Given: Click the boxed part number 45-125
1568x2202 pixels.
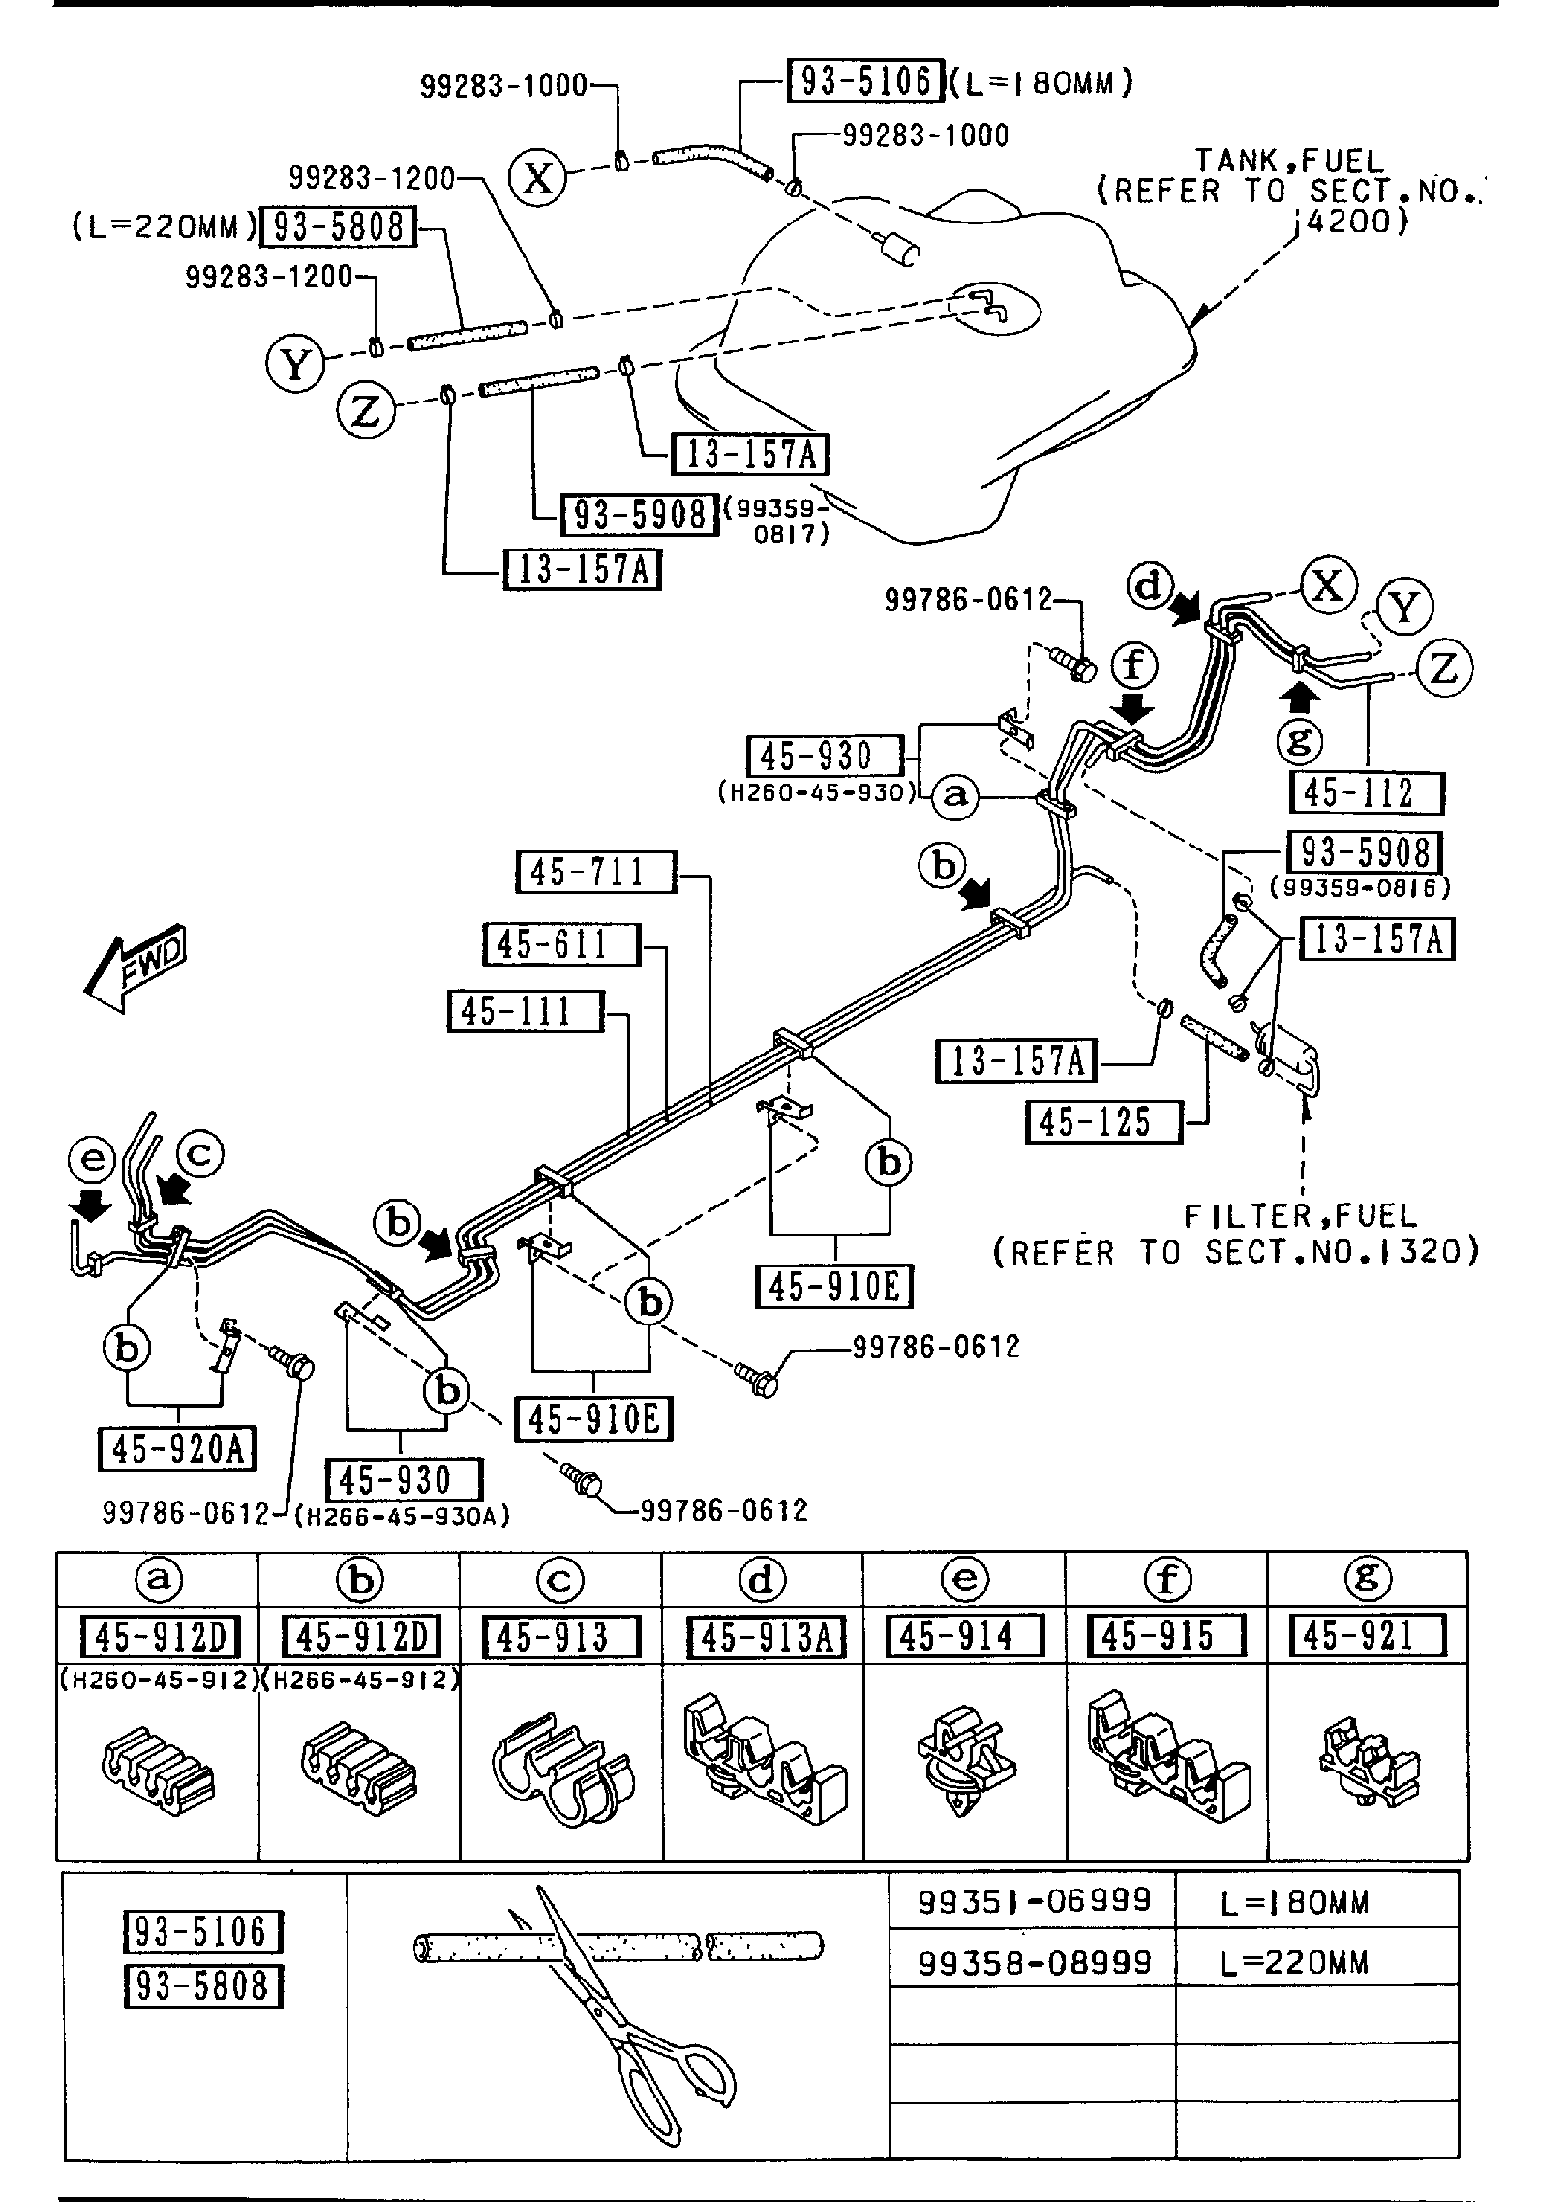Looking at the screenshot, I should point(1103,1122).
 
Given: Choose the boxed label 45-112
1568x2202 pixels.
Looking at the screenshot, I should point(1366,793).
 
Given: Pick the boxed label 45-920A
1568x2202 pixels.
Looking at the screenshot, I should point(177,1448).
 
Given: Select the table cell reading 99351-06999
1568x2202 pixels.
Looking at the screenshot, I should point(1034,1901).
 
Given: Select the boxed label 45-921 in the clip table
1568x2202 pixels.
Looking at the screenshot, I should point(1367,1636).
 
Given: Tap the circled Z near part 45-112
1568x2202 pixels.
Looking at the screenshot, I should point(1442,669).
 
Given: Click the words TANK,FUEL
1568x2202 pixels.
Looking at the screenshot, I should point(1288,160).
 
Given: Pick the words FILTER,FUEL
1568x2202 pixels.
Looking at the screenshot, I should point(1300,1215).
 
